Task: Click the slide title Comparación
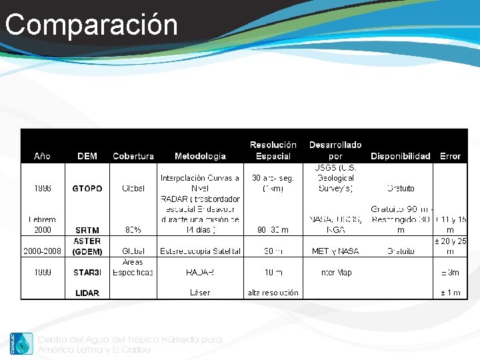(x=91, y=25)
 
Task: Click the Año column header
(x=42, y=156)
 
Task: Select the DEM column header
(x=87, y=156)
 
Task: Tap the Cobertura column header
(x=133, y=156)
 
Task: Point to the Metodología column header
(x=200, y=156)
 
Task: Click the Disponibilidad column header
(x=401, y=156)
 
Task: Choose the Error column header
(x=450, y=156)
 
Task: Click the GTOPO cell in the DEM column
(x=87, y=189)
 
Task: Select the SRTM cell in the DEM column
(x=87, y=230)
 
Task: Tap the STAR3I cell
(x=87, y=273)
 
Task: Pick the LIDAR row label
(x=87, y=293)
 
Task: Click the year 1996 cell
(x=42, y=189)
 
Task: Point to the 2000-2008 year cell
(x=42, y=251)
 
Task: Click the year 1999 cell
(x=42, y=273)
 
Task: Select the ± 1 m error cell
(x=450, y=293)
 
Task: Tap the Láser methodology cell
(x=200, y=293)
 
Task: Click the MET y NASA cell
(x=335, y=251)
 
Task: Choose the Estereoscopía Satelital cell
(x=200, y=251)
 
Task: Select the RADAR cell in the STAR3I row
(x=200, y=273)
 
